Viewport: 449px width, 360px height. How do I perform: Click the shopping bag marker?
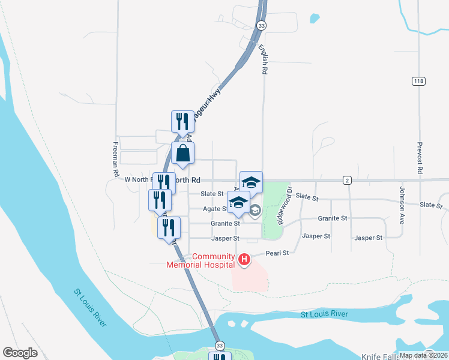pos(183,153)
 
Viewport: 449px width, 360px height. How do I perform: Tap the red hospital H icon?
pos(244,260)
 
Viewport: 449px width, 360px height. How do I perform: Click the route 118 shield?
pos(418,81)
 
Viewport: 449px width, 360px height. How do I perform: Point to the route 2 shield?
pos(347,180)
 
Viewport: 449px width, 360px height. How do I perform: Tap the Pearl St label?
pos(277,253)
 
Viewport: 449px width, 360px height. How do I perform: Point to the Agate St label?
pos(215,209)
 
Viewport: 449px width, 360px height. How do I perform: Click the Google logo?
pos(20,353)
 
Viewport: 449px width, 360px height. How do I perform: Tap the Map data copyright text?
pos(423,355)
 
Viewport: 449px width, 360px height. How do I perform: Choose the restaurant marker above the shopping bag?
pos(182,121)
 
